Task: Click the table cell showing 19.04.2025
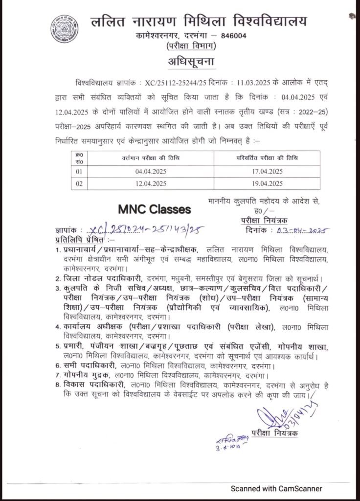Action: tap(265, 184)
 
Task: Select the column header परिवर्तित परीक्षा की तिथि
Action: tap(265, 158)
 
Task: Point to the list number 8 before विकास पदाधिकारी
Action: tap(58, 385)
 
